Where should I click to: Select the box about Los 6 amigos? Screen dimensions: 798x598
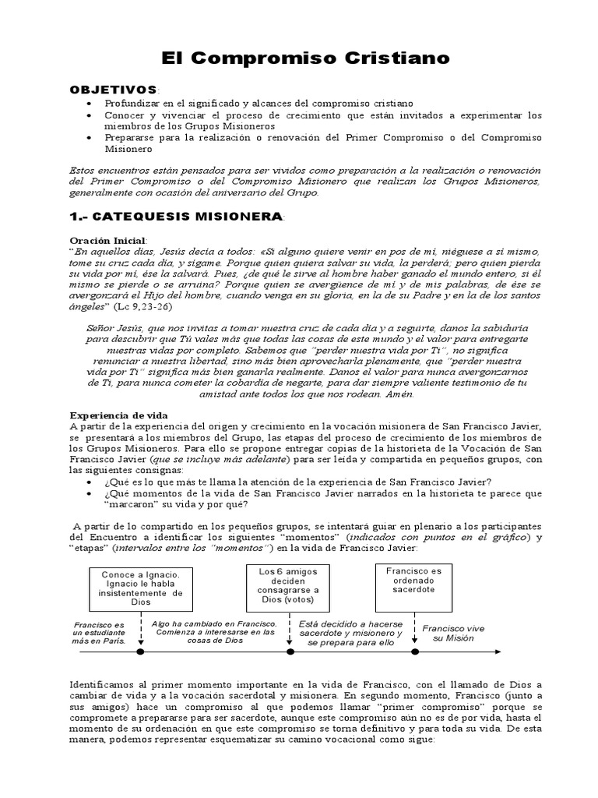[x=279, y=584]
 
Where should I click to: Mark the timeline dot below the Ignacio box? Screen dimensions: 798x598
[x=141, y=651]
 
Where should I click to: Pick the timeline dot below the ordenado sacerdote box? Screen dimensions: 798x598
[x=414, y=651]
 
